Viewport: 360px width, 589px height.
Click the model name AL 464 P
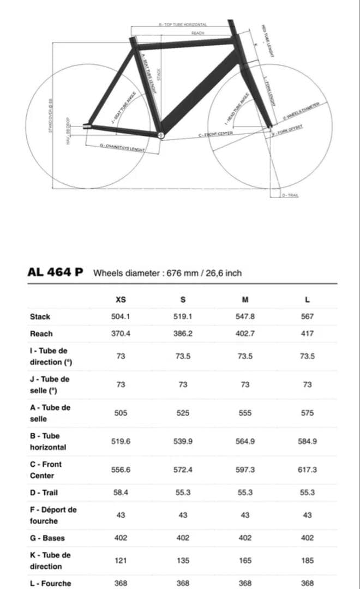(x=55, y=272)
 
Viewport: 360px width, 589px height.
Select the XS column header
(x=121, y=299)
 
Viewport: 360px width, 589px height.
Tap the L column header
(x=307, y=299)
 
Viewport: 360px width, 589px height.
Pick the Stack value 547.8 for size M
(x=245, y=316)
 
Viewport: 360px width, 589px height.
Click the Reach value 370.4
(x=121, y=333)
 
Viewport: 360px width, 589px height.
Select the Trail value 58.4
(x=121, y=492)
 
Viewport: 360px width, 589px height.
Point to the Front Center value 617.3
(x=307, y=470)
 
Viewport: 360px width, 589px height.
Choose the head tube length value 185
(x=307, y=560)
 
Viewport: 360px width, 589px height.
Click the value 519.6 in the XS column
(x=121, y=441)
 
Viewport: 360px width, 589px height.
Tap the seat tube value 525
(x=183, y=413)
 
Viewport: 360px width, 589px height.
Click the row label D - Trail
(x=44, y=492)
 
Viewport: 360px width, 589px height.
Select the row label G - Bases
(x=47, y=538)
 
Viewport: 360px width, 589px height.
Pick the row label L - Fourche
(x=50, y=583)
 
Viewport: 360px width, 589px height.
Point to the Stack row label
(x=40, y=316)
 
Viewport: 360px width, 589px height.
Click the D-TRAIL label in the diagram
(x=289, y=195)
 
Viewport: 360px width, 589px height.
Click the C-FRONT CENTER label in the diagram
(x=216, y=134)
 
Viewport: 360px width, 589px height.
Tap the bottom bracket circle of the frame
(x=160, y=134)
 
